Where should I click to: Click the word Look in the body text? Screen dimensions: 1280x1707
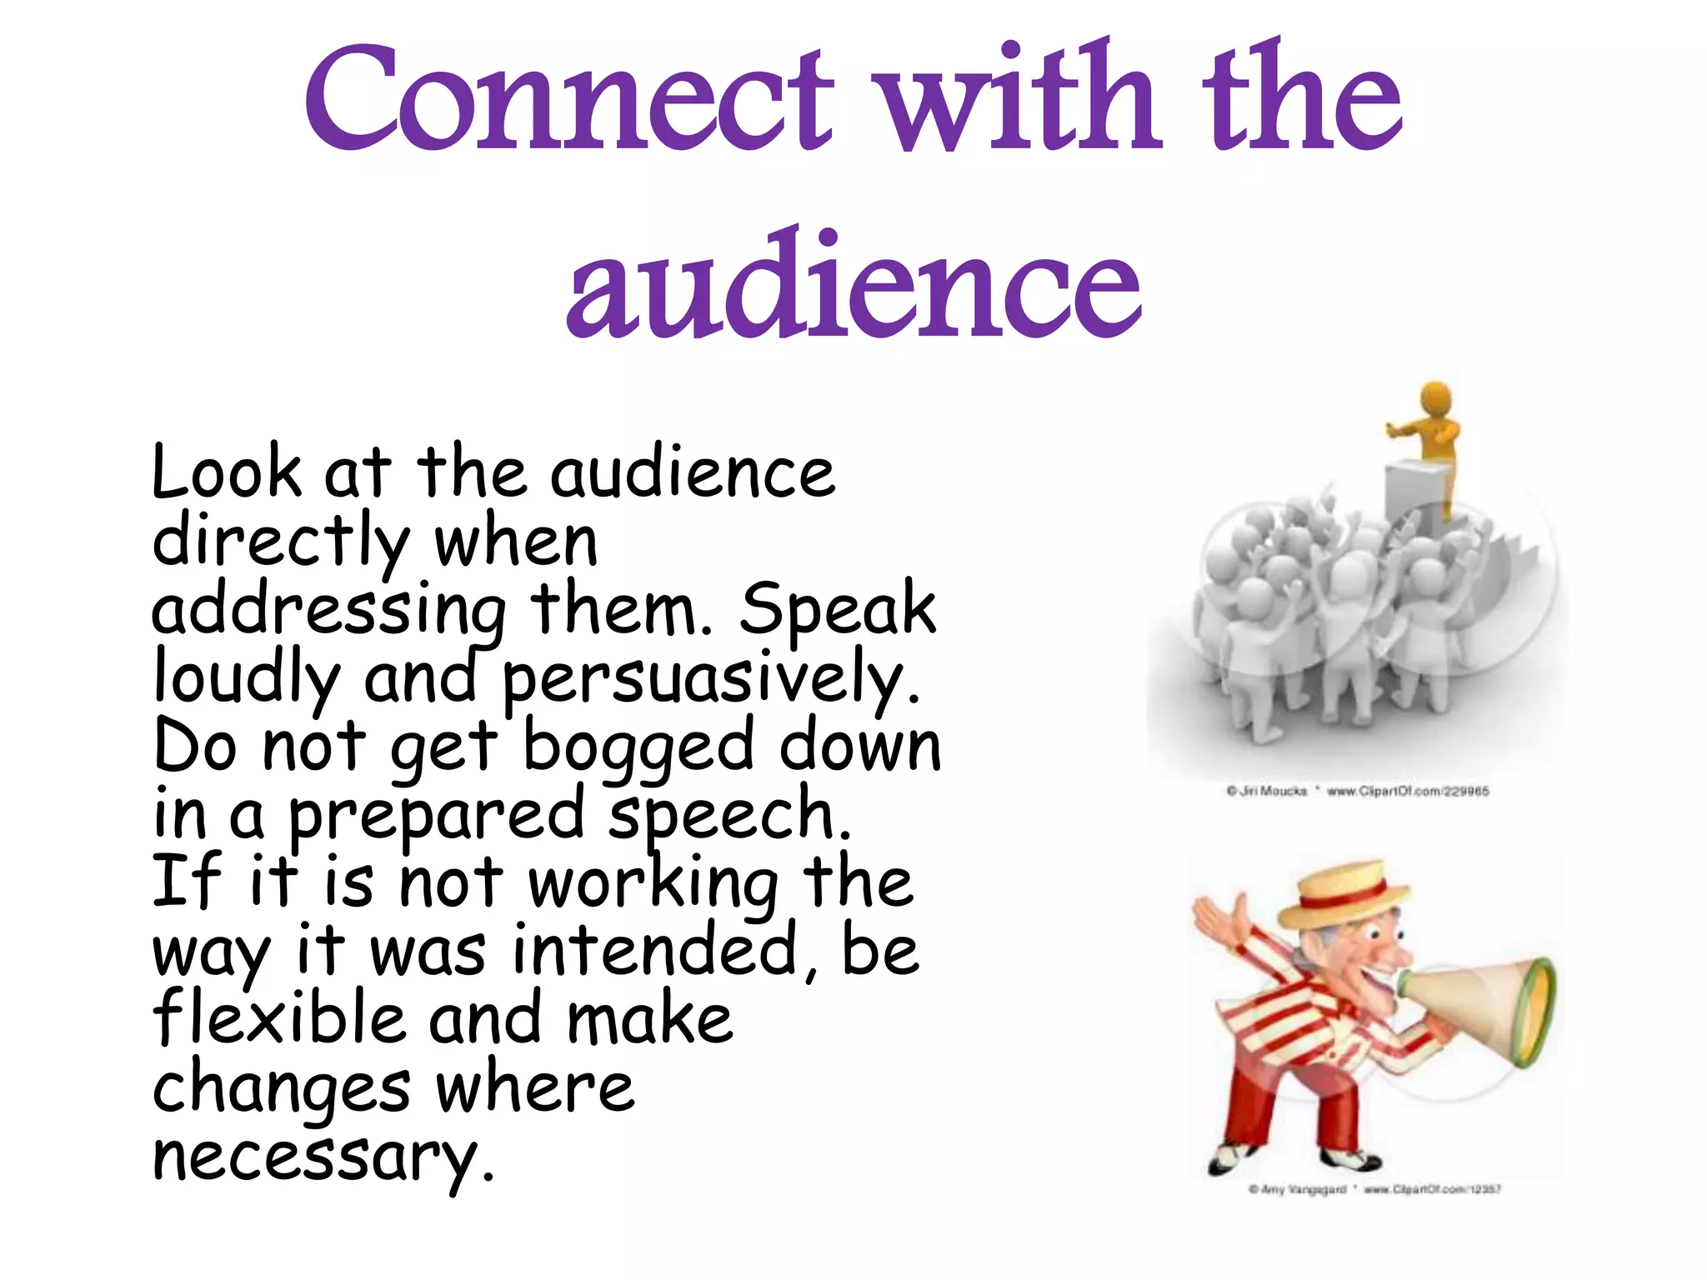pyautogui.click(x=226, y=472)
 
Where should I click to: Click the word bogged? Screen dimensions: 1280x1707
pyautogui.click(x=638, y=748)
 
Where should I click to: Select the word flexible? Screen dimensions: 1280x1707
pyautogui.click(x=278, y=1018)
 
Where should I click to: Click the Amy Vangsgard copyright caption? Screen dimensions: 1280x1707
pyautogui.click(x=1374, y=1189)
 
